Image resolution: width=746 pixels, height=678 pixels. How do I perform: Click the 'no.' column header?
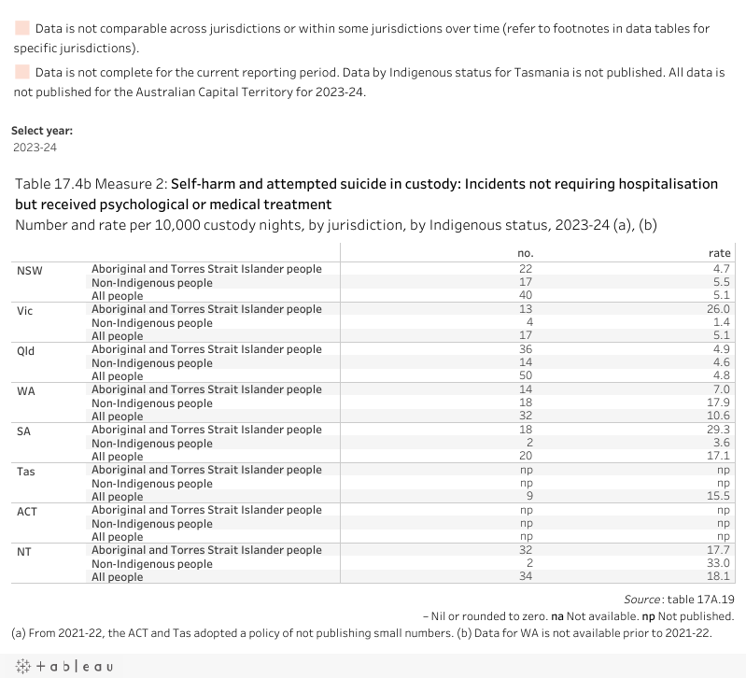pyautogui.click(x=525, y=253)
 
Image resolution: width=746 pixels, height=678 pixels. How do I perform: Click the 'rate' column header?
pyautogui.click(x=719, y=253)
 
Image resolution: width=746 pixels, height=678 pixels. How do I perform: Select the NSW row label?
pyautogui.click(x=30, y=270)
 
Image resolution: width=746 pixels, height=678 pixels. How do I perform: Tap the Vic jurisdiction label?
pyautogui.click(x=25, y=310)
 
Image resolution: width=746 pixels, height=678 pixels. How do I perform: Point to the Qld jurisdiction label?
pyautogui.click(x=26, y=350)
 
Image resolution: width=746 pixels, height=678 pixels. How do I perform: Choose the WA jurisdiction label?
pyautogui.click(x=26, y=390)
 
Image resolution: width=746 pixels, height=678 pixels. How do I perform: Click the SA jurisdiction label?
pyautogui.click(x=25, y=431)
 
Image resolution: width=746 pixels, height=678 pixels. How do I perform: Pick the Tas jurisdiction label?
pyautogui.click(x=26, y=471)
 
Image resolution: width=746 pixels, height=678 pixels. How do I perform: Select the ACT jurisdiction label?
pyautogui.click(x=27, y=511)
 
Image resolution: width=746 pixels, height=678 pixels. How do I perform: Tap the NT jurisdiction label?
pyautogui.click(x=24, y=551)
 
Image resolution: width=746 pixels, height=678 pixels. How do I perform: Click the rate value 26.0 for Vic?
pyautogui.click(x=718, y=309)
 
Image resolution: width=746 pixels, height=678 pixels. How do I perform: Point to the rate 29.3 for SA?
pyautogui.click(x=718, y=430)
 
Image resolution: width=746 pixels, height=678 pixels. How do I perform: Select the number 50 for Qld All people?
pyautogui.click(x=525, y=376)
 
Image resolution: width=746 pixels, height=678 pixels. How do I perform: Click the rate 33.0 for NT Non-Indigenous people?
pyautogui.click(x=718, y=564)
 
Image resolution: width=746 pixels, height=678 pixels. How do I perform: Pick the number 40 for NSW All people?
pyautogui.click(x=525, y=296)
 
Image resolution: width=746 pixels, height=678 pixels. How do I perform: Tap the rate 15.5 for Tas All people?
pyautogui.click(x=718, y=497)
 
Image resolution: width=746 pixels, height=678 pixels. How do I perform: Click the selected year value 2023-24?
pyautogui.click(x=35, y=148)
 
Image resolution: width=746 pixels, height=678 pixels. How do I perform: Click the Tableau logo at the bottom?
pyautogui.click(x=63, y=666)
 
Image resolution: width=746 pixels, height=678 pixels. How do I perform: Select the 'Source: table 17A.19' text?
pyautogui.click(x=679, y=599)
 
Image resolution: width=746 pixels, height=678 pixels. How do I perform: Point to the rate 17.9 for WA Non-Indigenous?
pyautogui.click(x=718, y=403)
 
